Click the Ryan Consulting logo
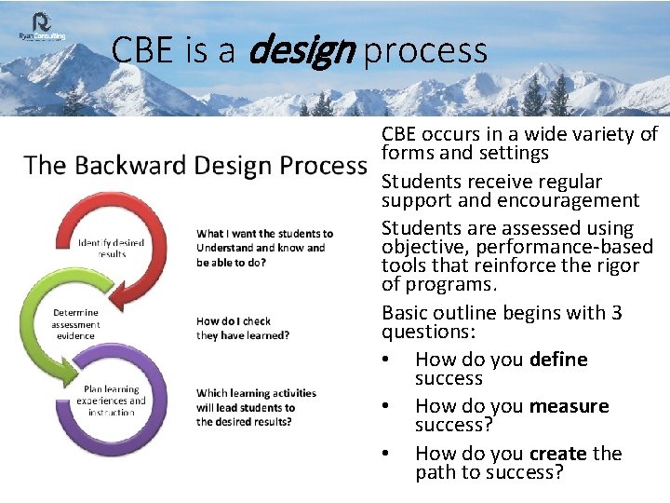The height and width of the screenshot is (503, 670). coord(43,27)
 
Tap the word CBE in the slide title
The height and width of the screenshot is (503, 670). coord(144,50)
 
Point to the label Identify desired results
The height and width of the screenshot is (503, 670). coord(111,248)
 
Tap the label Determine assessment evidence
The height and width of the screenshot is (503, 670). coord(74,324)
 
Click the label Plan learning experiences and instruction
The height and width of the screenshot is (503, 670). coord(111,401)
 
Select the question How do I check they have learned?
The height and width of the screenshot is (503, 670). coord(243,328)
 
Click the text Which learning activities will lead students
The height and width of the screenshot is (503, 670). coord(256,401)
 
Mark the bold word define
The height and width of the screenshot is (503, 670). coord(558,360)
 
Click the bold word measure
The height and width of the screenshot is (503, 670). coord(569,406)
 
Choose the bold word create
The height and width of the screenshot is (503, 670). coord(558,454)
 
